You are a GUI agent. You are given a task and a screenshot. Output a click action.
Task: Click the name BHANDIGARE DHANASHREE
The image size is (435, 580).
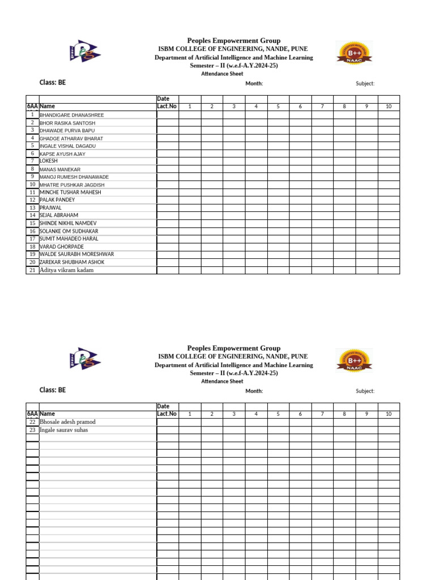(71, 115)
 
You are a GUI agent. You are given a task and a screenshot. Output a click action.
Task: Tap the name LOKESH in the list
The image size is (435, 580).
(49, 161)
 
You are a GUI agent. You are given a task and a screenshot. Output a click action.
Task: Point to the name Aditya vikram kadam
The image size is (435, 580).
(66, 270)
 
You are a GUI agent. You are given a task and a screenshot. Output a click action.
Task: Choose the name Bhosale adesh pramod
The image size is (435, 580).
(67, 422)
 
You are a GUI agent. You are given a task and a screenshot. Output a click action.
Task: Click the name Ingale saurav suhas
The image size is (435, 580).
(63, 430)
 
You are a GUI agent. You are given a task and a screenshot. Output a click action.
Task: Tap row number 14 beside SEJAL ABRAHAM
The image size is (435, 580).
(33, 215)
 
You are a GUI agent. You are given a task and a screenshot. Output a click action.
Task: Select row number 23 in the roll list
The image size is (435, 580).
(33, 430)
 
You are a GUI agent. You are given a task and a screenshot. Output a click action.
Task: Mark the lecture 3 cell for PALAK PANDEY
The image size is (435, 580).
(234, 200)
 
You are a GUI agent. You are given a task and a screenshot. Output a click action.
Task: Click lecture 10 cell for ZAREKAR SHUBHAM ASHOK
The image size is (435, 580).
(389, 262)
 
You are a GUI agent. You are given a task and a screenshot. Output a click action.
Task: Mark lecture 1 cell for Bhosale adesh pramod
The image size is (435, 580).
(190, 422)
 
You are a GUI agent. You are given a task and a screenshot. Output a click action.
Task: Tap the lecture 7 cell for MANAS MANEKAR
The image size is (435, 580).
(322, 169)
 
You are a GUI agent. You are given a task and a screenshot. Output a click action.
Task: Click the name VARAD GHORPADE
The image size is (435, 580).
(62, 247)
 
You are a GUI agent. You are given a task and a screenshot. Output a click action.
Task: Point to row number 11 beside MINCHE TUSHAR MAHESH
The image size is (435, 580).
(33, 192)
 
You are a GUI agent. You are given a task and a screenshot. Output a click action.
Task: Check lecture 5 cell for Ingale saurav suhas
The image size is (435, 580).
(278, 430)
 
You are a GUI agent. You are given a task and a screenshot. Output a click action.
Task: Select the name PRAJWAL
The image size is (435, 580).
(50, 208)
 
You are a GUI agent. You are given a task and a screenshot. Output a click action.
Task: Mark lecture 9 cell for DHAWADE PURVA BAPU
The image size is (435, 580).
(366, 130)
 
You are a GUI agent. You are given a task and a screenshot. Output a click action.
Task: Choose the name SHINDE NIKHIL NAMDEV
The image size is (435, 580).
(68, 223)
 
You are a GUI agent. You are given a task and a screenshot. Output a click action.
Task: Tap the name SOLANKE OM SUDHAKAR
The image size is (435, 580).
(69, 231)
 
